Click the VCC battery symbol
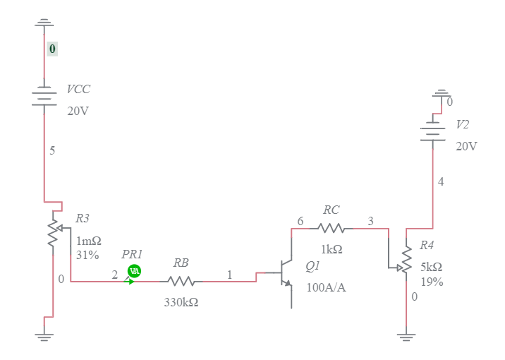(44, 97)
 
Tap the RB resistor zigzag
(181, 281)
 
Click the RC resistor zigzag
(331, 228)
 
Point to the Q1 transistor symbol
(286, 275)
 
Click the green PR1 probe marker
(134, 271)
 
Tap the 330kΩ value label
(181, 301)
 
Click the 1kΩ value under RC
(331, 249)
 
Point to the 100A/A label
(326, 287)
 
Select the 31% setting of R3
(87, 255)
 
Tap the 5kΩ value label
(431, 267)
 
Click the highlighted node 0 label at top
(52, 49)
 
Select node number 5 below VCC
(52, 150)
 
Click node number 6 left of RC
(300, 222)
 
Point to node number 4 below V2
(441, 181)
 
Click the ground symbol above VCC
(44, 23)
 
